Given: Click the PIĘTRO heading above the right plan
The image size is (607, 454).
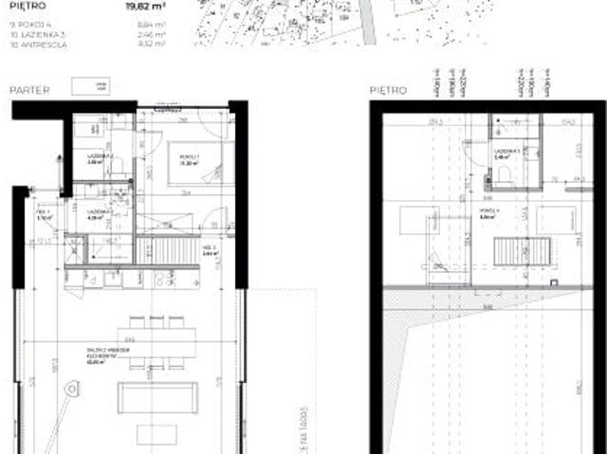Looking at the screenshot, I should click(x=389, y=90).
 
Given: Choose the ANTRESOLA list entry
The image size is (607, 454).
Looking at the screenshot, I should click(x=39, y=44).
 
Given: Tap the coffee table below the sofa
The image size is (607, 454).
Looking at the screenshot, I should click(x=156, y=434).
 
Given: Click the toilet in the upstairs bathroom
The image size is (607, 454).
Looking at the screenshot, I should click(x=505, y=174).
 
